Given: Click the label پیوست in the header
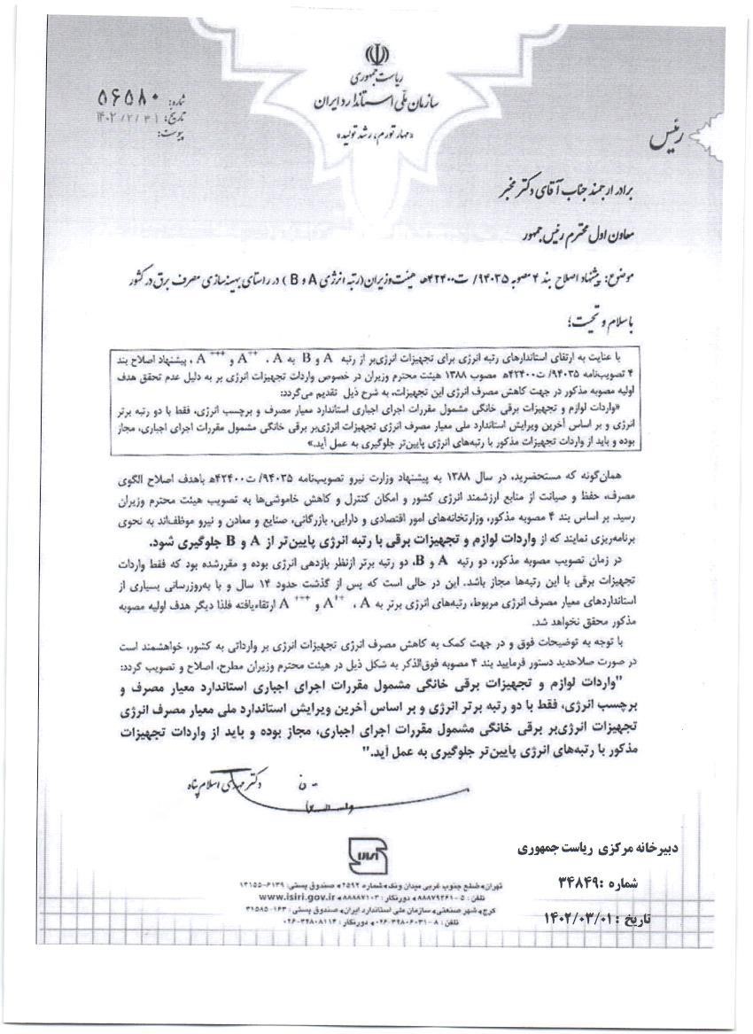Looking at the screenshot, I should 174,134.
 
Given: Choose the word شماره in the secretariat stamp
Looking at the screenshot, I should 631,883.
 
